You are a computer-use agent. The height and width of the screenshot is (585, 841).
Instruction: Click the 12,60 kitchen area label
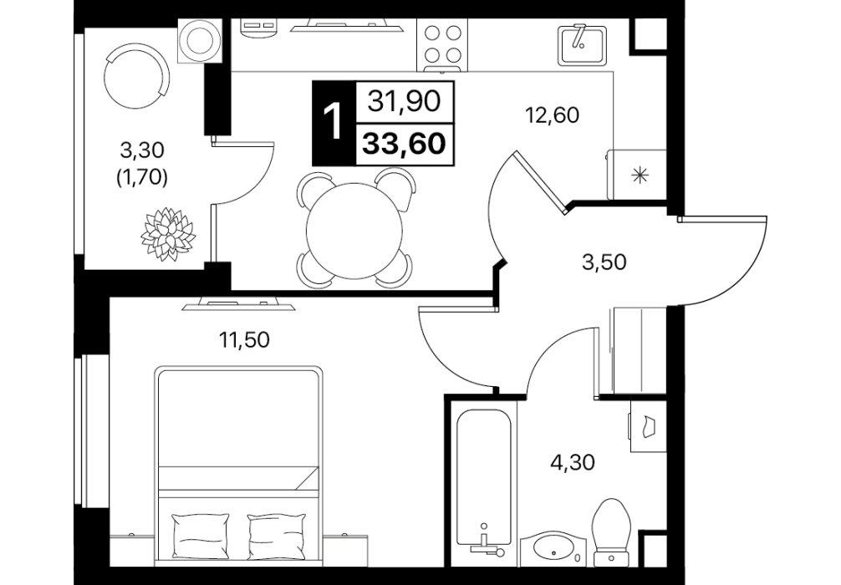tap(553, 115)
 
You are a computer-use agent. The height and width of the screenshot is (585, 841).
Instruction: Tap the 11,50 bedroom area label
tap(243, 340)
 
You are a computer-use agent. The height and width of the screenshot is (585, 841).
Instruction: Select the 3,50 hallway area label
tap(604, 262)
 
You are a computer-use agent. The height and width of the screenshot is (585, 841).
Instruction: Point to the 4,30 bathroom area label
tap(573, 462)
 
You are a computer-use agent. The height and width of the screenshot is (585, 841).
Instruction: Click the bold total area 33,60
tap(405, 144)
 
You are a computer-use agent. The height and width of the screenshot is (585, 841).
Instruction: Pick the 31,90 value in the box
tap(405, 101)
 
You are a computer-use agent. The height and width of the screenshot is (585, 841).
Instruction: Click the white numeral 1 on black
tap(334, 123)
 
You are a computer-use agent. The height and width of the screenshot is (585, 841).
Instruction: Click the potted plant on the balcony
tap(167, 234)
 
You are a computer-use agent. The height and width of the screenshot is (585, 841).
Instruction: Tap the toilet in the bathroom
tap(611, 531)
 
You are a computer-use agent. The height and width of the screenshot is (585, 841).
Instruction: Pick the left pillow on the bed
tap(199, 535)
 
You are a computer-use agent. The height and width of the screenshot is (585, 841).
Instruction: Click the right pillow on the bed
tap(276, 535)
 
